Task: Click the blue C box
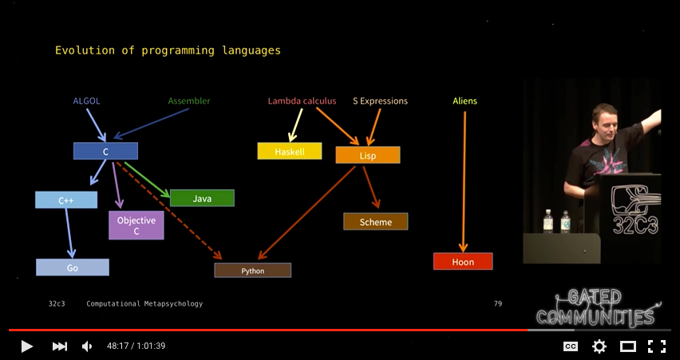tap(105, 151)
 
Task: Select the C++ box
tap(66, 200)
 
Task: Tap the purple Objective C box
tap(136, 225)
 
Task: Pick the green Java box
tap(202, 198)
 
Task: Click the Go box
tap(73, 267)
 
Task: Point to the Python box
tap(252, 271)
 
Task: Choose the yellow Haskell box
tap(290, 151)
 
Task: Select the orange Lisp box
tap(368, 156)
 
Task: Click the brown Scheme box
tap(376, 222)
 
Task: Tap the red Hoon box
tap(463, 262)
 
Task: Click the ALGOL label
tap(86, 101)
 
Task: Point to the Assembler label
tap(189, 101)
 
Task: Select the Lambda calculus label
tap(302, 101)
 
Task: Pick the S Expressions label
tap(380, 101)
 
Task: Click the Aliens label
tap(465, 101)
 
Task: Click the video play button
tap(26, 346)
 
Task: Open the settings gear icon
tap(599, 346)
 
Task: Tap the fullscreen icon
tap(656, 346)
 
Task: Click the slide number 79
tap(498, 303)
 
